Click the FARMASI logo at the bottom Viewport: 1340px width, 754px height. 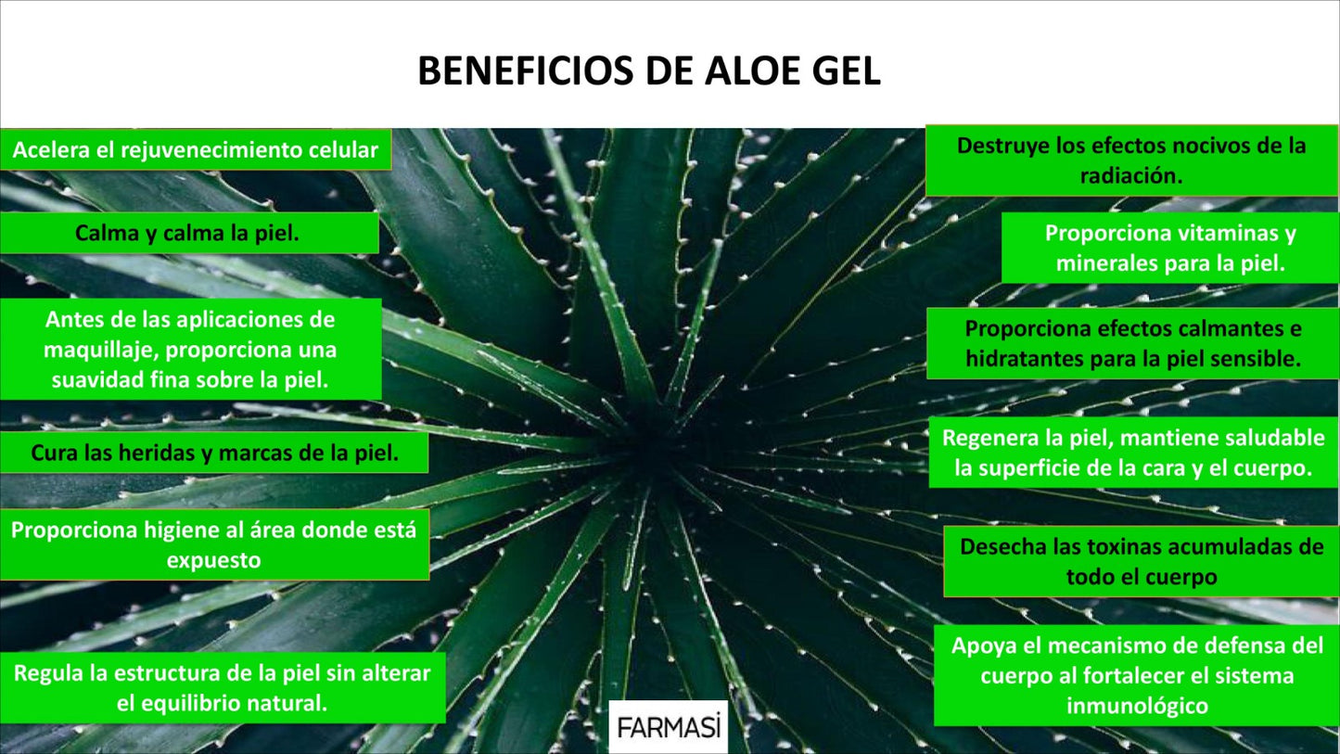(669, 727)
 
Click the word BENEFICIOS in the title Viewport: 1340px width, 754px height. (525, 70)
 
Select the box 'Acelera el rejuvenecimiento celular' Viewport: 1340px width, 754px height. (196, 149)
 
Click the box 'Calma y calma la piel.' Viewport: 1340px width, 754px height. (189, 233)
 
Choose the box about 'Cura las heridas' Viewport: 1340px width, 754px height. (214, 453)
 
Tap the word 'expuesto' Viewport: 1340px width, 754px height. (213, 561)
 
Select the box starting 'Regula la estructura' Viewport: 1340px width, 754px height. (223, 687)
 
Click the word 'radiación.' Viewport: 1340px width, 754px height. (1131, 176)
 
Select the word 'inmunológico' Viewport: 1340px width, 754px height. (1137, 706)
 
